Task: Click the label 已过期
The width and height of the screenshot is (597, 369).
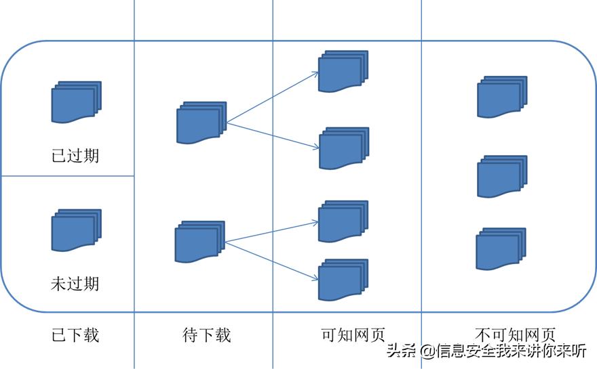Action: point(75,155)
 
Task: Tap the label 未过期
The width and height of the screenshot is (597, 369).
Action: point(75,282)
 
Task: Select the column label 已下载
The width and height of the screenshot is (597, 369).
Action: point(75,334)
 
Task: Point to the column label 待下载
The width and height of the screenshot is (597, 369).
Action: point(207,334)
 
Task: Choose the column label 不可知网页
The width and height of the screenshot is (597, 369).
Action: point(516,334)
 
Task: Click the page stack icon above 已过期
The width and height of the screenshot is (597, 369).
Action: point(76,102)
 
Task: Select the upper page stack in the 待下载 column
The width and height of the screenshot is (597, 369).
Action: point(201,123)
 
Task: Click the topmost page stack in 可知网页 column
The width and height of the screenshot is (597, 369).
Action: point(343,70)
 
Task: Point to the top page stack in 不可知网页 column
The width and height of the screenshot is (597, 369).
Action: point(502,97)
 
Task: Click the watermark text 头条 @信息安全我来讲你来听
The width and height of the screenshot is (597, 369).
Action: point(486,351)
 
